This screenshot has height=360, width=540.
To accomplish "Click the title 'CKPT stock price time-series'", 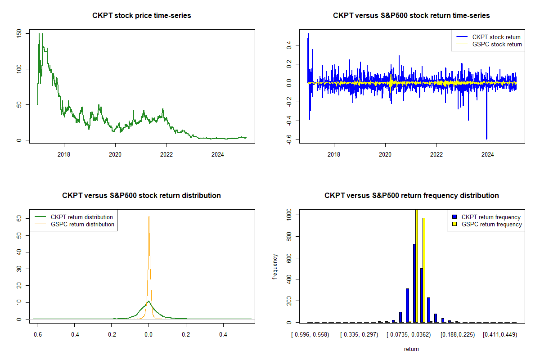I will pyautogui.click(x=142, y=16).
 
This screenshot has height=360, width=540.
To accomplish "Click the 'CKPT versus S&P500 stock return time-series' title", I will pyautogui.click(x=411, y=16).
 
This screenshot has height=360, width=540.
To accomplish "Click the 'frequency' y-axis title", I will pyautogui.click(x=275, y=267).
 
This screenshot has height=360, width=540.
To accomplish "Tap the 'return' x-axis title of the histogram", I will pyautogui.click(x=411, y=349).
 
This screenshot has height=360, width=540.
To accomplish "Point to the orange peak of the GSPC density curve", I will pyautogui.click(x=148, y=217).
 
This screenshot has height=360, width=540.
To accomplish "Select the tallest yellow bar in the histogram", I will pyautogui.click(x=417, y=265).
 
